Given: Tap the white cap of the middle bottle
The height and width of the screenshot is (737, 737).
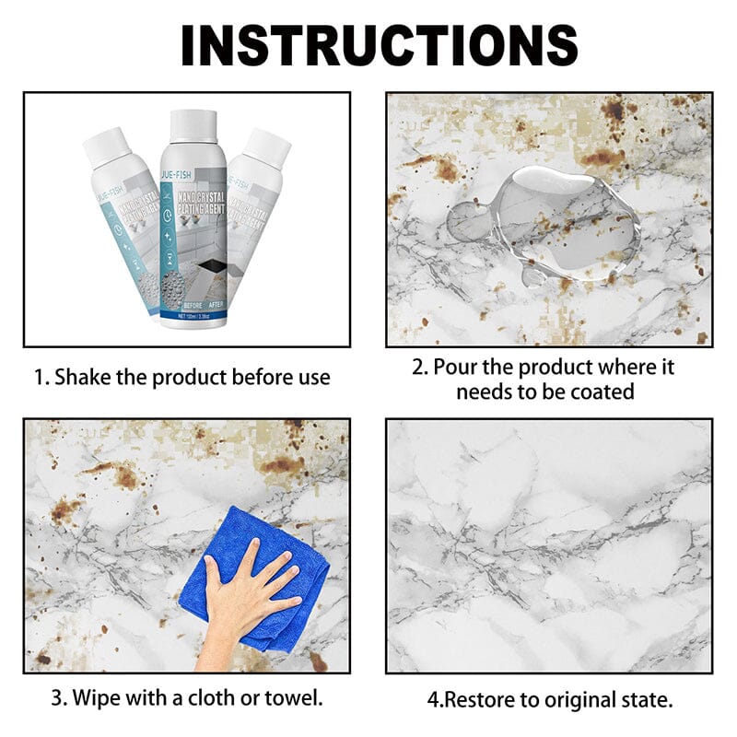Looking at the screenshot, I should (x=193, y=126).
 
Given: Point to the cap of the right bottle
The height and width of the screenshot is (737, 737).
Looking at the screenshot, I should (x=268, y=147).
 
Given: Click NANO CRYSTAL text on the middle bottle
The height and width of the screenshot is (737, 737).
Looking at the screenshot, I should (x=198, y=191).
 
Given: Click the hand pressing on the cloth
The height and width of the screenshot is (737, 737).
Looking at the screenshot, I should (x=244, y=599).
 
